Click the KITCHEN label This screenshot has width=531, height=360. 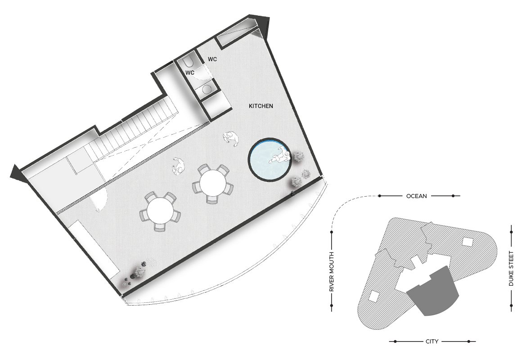click(261, 106)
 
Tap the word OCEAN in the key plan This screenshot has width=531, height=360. click(416, 196)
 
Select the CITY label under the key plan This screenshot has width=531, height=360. click(432, 342)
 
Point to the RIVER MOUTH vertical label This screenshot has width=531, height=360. click(332, 272)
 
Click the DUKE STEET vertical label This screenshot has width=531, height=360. click(511, 268)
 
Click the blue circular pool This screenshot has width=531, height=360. click(270, 159)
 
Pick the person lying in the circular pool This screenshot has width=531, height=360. click(280, 157)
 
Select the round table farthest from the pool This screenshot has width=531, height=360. click(160, 211)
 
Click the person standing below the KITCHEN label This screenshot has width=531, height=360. click(231, 138)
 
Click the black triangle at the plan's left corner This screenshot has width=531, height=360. click(18, 173)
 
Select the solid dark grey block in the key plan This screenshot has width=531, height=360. click(433, 292)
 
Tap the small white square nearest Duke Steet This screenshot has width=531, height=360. click(468, 242)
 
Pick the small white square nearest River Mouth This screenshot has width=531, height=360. click(373, 297)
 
